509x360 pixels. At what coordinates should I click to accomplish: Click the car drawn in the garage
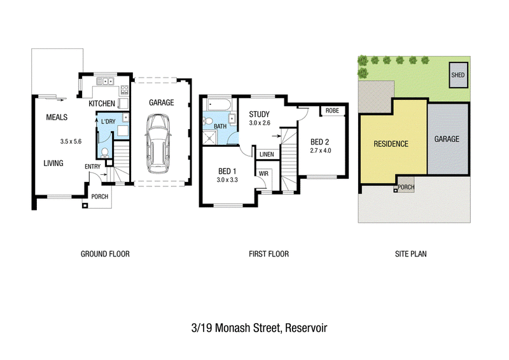tap(158, 144)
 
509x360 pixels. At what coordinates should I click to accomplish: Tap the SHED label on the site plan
tap(457, 75)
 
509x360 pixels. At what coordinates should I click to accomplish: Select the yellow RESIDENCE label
tap(391, 144)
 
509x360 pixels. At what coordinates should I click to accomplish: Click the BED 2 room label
tap(320, 142)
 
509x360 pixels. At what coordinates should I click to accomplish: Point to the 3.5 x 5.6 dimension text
tap(71, 142)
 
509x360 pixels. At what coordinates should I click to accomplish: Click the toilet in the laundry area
tap(105, 153)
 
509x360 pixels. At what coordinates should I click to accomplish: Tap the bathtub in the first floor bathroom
tap(219, 104)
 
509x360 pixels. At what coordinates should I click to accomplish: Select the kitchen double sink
tap(106, 81)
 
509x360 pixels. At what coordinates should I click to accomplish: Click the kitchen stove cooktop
tap(125, 90)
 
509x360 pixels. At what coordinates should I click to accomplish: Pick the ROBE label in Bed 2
tap(332, 111)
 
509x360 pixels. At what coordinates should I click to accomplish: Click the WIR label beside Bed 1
tap(263, 174)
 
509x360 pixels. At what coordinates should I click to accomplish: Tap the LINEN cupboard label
tap(267, 155)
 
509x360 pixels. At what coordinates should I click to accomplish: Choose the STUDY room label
tap(260, 114)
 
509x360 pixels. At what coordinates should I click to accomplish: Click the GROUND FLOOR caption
tap(105, 254)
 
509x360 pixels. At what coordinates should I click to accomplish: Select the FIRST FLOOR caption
tap(268, 254)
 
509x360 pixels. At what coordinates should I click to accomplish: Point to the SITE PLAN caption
tap(410, 254)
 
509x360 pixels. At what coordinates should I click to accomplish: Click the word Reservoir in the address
tap(306, 328)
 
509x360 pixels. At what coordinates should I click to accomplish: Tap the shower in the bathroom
tap(210, 138)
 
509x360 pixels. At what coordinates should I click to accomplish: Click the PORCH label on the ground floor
tap(100, 197)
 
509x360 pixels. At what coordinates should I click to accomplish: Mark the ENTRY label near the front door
tap(92, 167)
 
